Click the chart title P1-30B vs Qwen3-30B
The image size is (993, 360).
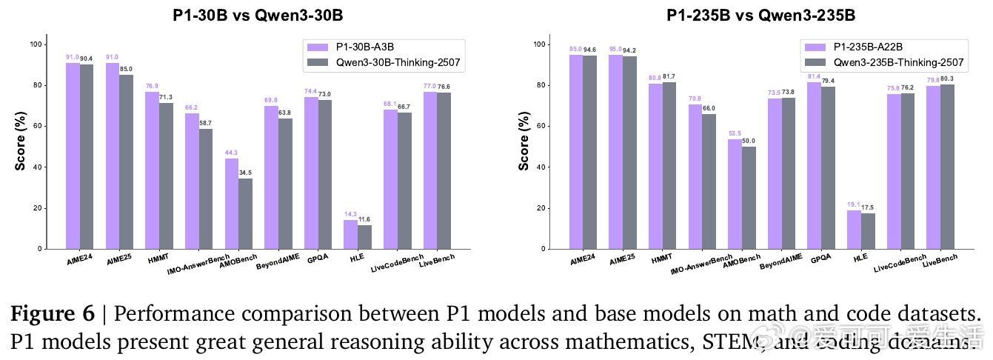[258, 15]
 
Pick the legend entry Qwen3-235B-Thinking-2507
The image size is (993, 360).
[898, 62]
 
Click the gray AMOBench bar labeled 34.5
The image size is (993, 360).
[245, 213]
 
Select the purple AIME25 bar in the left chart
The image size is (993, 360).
[112, 156]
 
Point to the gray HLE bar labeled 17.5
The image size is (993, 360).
[868, 231]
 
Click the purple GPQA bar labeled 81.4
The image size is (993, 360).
[814, 165]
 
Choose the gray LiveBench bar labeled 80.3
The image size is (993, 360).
[948, 167]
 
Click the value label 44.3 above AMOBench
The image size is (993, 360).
[231, 153]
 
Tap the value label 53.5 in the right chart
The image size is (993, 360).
[735, 134]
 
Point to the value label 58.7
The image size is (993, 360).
[205, 123]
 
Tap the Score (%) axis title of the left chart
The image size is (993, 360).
[21, 141]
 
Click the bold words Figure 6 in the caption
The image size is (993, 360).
[53, 313]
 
